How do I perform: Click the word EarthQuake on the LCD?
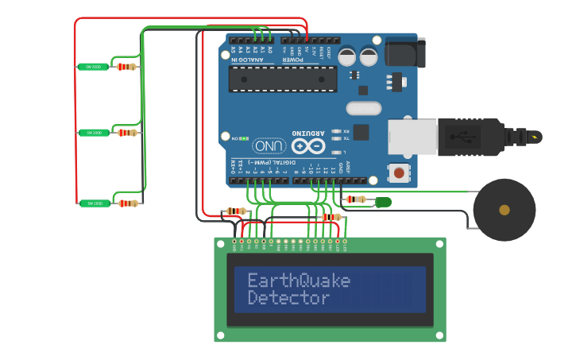tap(299, 281)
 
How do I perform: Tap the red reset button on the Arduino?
tap(398, 172)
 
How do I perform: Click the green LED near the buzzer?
tap(383, 202)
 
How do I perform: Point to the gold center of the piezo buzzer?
tap(504, 210)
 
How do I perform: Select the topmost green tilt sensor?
tap(93, 67)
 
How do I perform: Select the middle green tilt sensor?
tap(93, 133)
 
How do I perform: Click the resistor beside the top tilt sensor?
tap(126, 67)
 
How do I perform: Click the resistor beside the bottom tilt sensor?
tap(127, 203)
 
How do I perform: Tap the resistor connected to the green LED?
tap(356, 199)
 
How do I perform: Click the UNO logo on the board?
tap(269, 145)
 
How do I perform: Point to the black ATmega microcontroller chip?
tap(282, 79)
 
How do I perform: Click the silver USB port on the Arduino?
tap(412, 137)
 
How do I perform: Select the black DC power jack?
tap(404, 52)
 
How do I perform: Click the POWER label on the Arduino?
tap(292, 60)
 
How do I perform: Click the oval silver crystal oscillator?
tap(364, 108)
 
